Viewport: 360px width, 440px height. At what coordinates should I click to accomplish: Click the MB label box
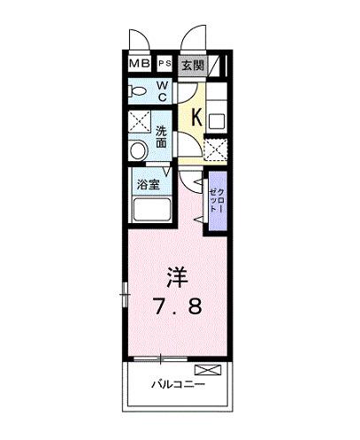pyautogui.click(x=140, y=65)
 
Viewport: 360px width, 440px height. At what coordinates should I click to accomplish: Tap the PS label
pyautogui.click(x=165, y=65)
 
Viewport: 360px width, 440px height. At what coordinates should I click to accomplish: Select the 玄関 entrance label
pyautogui.click(x=194, y=65)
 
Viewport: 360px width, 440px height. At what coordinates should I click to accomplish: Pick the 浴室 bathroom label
pyautogui.click(x=148, y=185)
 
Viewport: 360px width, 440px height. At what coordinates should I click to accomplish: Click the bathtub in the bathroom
pyautogui.click(x=153, y=211)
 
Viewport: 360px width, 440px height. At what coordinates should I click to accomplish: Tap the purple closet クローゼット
pyautogui.click(x=216, y=204)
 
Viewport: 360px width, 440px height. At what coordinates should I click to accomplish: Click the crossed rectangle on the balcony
pyautogui.click(x=205, y=368)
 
